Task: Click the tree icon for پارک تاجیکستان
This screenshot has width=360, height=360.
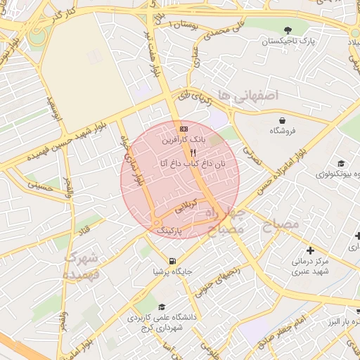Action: (x=288, y=30)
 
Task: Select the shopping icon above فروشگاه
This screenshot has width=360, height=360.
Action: (x=282, y=120)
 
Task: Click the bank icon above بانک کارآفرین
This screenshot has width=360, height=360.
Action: (x=184, y=129)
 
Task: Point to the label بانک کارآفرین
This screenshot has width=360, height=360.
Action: (x=184, y=141)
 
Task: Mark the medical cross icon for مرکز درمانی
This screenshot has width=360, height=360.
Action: (x=311, y=250)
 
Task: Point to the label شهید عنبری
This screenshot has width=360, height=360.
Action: (x=311, y=271)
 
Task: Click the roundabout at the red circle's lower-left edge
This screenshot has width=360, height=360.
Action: (x=155, y=224)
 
